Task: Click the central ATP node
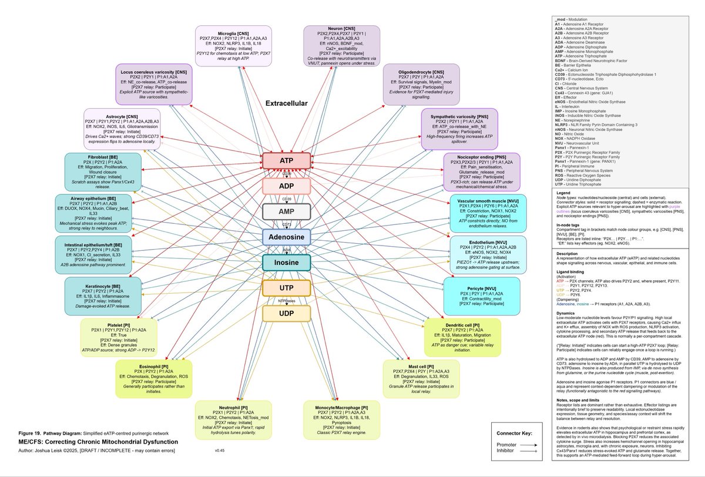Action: pyautogui.click(x=286, y=161)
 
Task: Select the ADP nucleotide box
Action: pyautogui.click(x=286, y=186)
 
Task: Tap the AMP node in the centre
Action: pyautogui.click(x=286, y=211)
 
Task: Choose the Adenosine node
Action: pyautogui.click(x=286, y=237)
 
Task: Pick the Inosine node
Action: pyautogui.click(x=286, y=262)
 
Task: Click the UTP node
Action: pyautogui.click(x=286, y=288)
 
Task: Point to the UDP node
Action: pyautogui.click(x=286, y=313)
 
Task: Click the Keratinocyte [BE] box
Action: pyautogui.click(x=103, y=295)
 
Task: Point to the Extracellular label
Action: pyautogui.click(x=287, y=103)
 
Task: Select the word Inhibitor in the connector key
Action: pyautogui.click(x=508, y=452)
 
